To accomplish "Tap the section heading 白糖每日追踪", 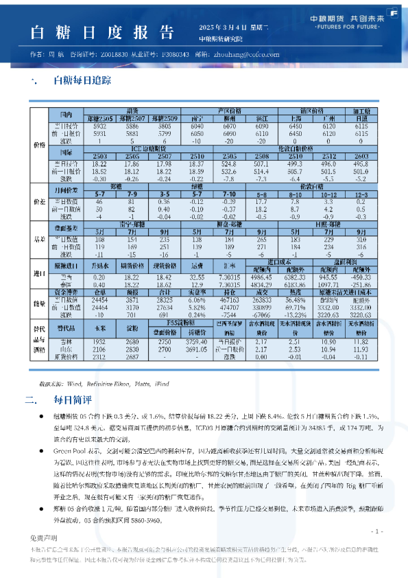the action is [82, 80].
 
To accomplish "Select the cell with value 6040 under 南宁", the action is [196, 126].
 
